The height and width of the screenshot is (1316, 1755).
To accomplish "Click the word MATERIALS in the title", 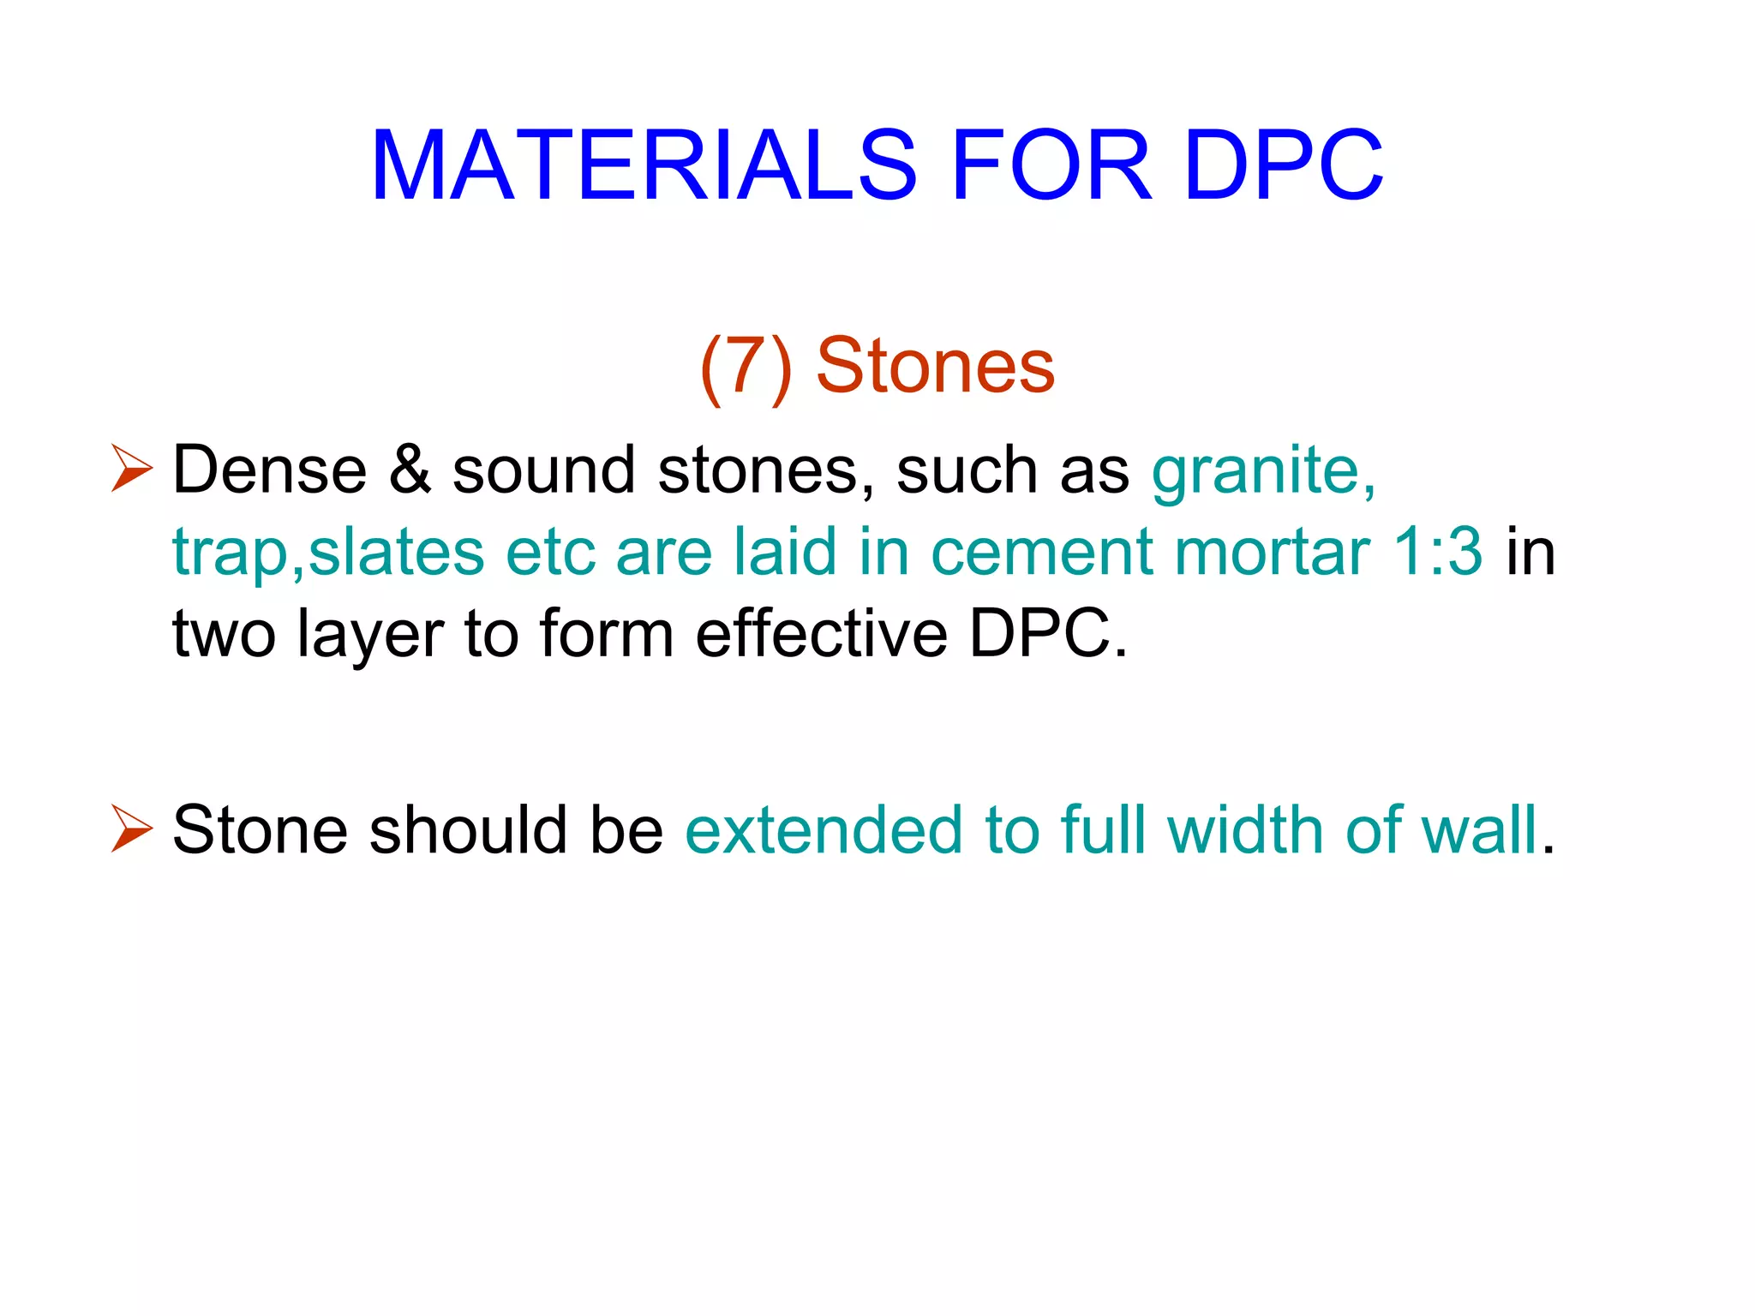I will (x=644, y=164).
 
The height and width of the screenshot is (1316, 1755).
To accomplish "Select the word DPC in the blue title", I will (x=1283, y=164).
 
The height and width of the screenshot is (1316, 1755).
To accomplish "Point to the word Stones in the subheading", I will (x=935, y=367).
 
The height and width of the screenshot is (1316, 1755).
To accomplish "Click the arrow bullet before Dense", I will (x=132, y=470).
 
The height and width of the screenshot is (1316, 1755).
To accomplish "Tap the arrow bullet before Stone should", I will (x=132, y=829).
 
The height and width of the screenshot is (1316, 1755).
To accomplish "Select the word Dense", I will (x=270, y=470).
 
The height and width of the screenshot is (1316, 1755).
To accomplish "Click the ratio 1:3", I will (x=1437, y=551).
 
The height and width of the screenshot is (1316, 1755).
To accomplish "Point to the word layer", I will (x=369, y=634).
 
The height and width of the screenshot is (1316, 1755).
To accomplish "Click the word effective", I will (x=821, y=634).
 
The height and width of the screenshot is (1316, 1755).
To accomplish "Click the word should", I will (x=468, y=829).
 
